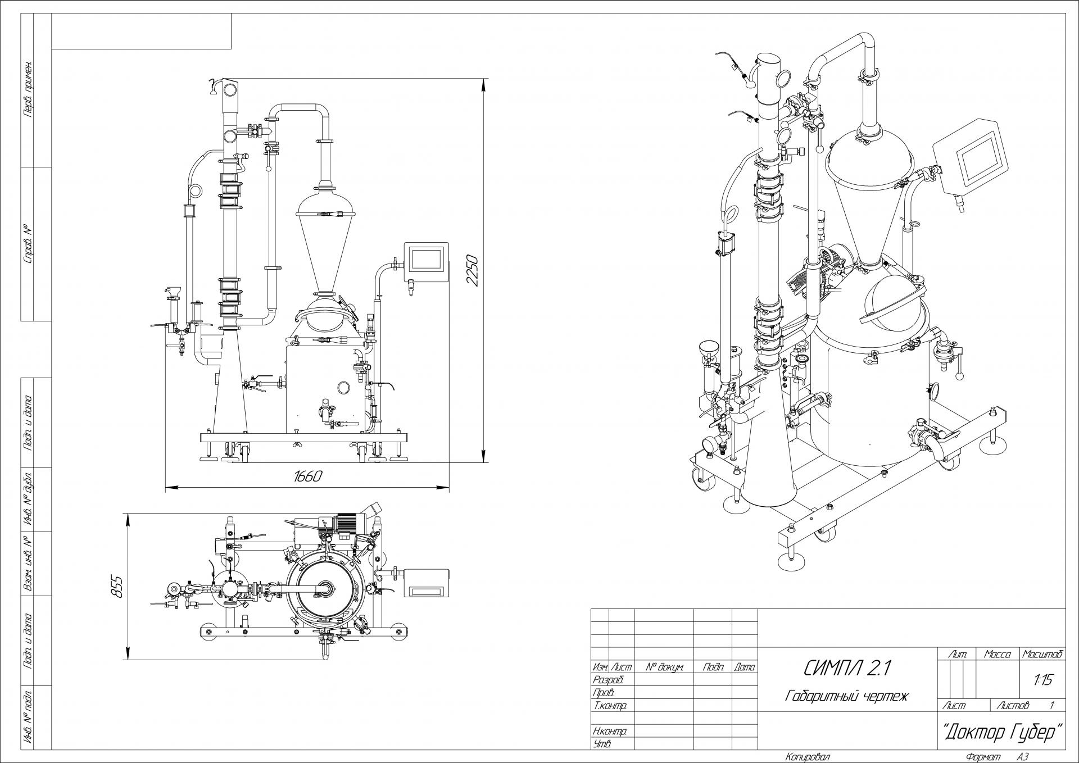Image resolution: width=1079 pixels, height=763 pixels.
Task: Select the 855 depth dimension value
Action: click(x=116, y=587)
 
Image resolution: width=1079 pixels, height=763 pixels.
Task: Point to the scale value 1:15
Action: click(x=1042, y=680)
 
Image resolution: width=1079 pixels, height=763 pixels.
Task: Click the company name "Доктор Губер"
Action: click(x=1002, y=733)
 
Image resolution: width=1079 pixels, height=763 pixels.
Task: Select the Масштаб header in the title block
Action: click(x=1042, y=655)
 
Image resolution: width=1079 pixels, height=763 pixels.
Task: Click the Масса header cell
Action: click(x=998, y=655)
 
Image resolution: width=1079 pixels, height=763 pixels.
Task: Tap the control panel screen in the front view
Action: click(x=425, y=260)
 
